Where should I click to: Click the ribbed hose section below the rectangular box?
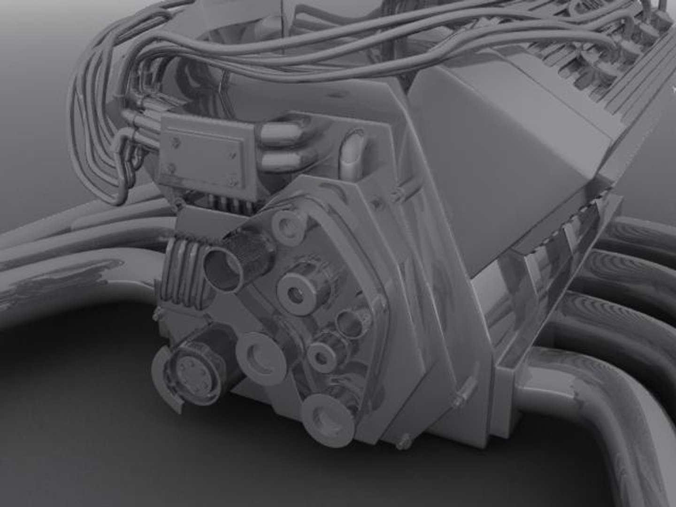pos(184,277)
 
